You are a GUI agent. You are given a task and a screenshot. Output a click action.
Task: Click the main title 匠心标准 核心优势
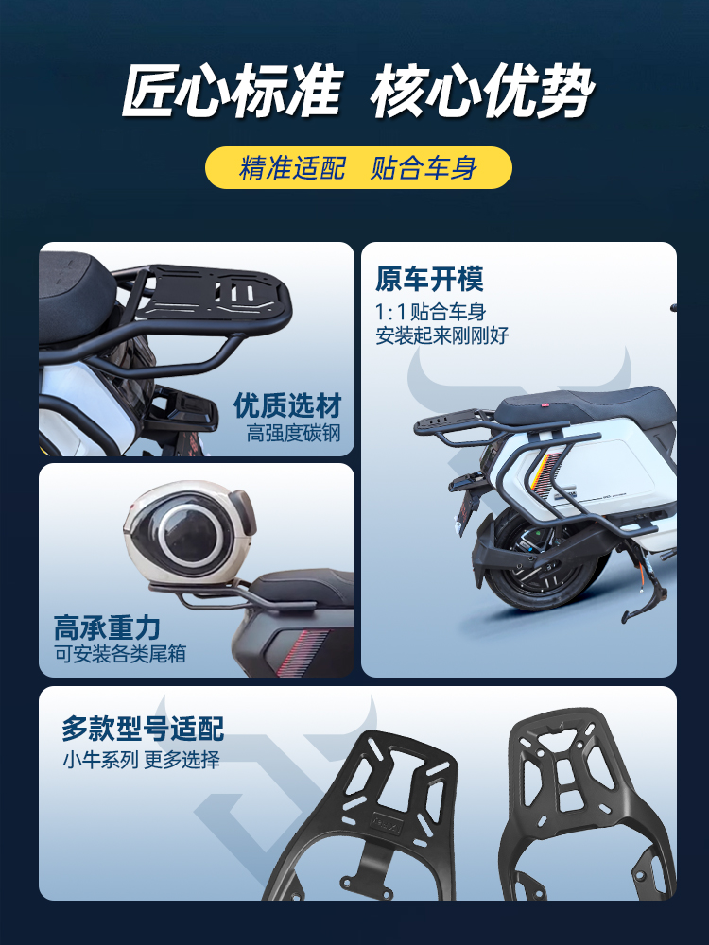tap(358, 92)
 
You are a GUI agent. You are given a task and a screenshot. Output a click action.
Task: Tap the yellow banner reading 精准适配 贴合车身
tap(358, 167)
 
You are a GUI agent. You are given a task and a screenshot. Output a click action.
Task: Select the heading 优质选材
tap(287, 405)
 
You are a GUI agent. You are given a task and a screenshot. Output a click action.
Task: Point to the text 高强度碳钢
tap(294, 434)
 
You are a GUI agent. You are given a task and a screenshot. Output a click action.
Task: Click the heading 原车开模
tap(429, 279)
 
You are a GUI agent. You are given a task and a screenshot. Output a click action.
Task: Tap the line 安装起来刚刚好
tap(441, 335)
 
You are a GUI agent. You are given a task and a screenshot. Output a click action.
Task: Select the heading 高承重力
tap(107, 627)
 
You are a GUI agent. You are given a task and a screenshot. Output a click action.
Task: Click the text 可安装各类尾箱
tap(121, 655)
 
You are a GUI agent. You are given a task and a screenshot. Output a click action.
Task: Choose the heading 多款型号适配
tap(143, 729)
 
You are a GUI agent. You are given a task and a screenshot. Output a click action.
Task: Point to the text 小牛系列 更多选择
tap(142, 760)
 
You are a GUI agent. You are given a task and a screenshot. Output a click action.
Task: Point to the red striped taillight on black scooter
tap(302, 652)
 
